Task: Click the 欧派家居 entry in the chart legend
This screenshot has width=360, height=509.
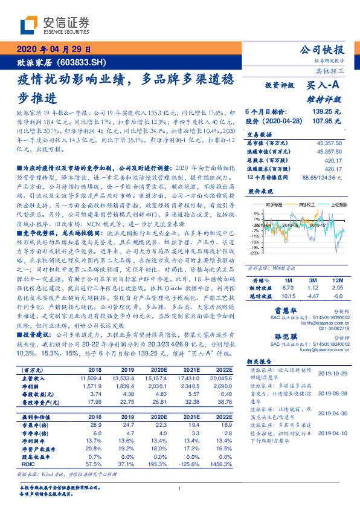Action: click(x=268, y=205)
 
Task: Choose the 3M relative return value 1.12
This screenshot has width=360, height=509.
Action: click(x=312, y=289)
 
